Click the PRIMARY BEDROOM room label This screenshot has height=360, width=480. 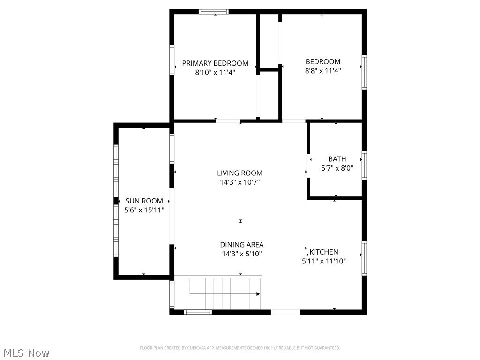coord(215,63)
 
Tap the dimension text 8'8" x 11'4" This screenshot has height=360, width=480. coord(323,71)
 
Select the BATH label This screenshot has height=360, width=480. coord(337,159)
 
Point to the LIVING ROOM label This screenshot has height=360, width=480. coord(240,173)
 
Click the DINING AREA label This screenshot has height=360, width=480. coord(241,245)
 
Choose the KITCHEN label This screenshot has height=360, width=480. coord(323,252)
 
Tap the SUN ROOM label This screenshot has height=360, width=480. coord(144,201)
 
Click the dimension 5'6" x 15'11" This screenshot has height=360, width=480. coord(144,210)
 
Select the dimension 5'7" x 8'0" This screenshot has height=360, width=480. coord(337,168)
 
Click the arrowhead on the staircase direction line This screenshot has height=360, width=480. coord(258,294)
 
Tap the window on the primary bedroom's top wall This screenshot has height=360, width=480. coord(214,12)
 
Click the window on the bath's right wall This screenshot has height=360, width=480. coord(364,165)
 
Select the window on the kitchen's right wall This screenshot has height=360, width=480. coord(364,258)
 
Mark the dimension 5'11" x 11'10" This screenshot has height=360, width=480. coord(324,261)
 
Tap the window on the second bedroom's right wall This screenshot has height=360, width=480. coord(364,72)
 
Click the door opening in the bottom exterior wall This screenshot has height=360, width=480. coord(285,312)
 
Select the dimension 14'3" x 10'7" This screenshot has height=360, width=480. coord(240,182)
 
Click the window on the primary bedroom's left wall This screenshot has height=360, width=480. coord(172,60)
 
